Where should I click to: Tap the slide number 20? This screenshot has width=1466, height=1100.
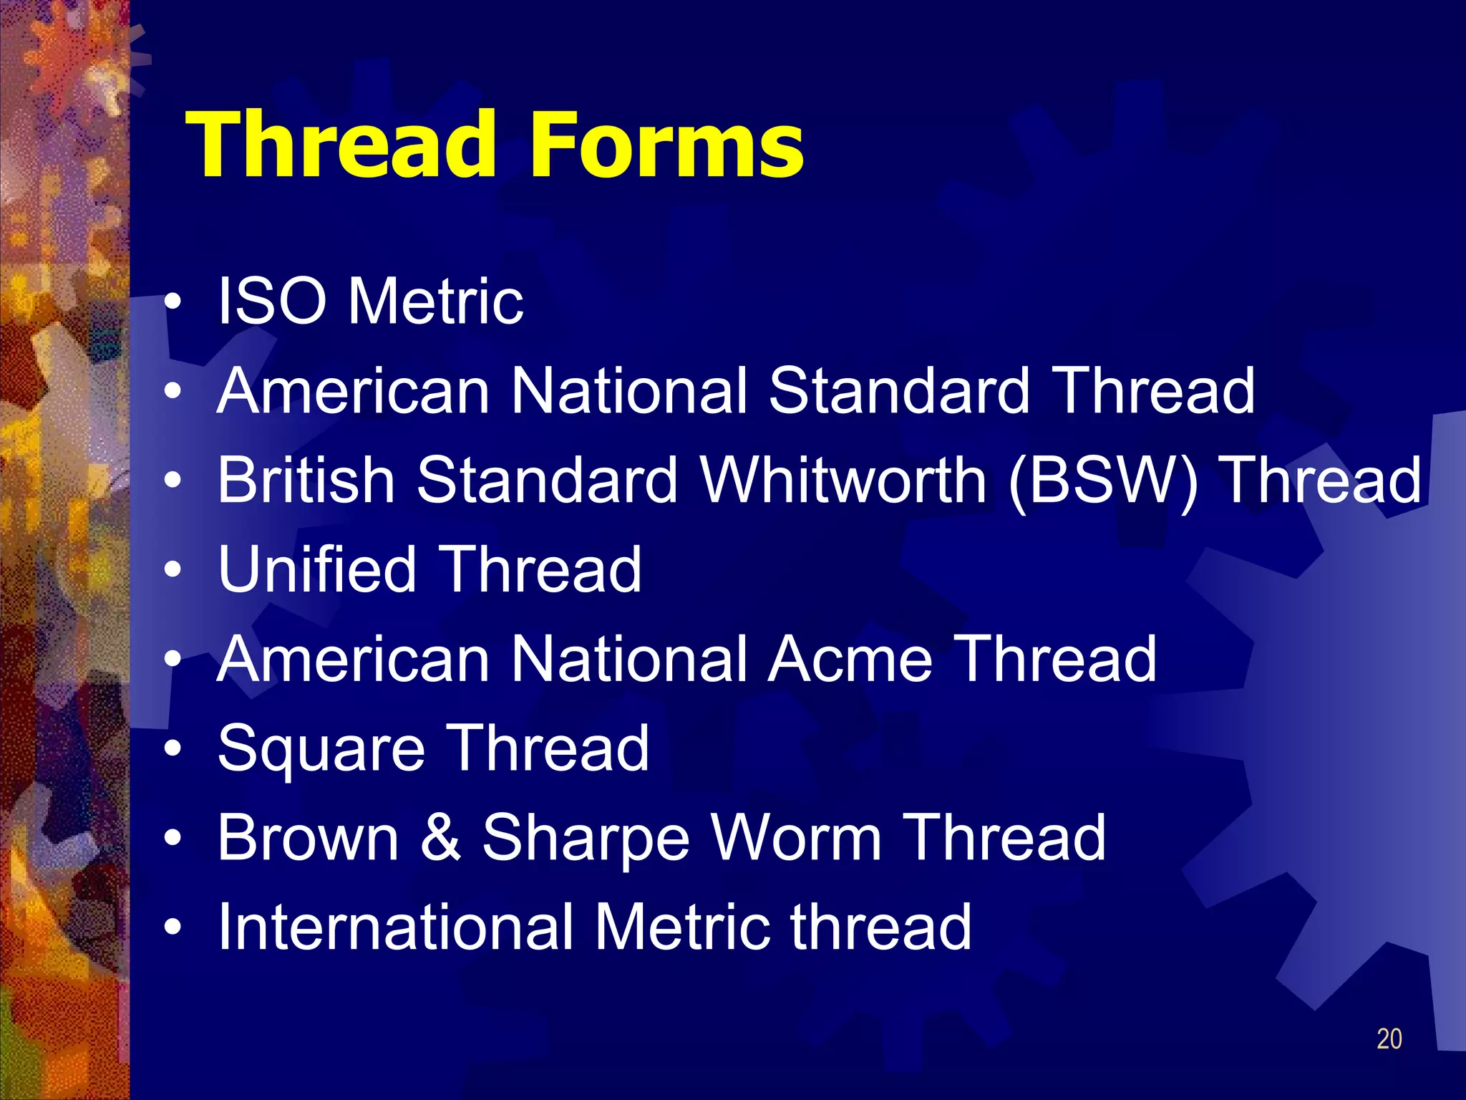click(1389, 1039)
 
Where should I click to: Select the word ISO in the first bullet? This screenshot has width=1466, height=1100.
click(272, 301)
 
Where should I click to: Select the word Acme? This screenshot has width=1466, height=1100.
click(850, 659)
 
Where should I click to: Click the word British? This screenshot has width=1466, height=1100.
click(306, 480)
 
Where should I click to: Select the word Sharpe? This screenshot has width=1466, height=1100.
click(585, 839)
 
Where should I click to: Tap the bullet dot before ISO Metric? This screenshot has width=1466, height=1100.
click(173, 304)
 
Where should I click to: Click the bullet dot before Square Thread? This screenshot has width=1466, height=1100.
click(173, 750)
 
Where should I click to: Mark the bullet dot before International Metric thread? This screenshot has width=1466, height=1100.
click(173, 928)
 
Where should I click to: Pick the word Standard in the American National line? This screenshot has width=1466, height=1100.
click(898, 391)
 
